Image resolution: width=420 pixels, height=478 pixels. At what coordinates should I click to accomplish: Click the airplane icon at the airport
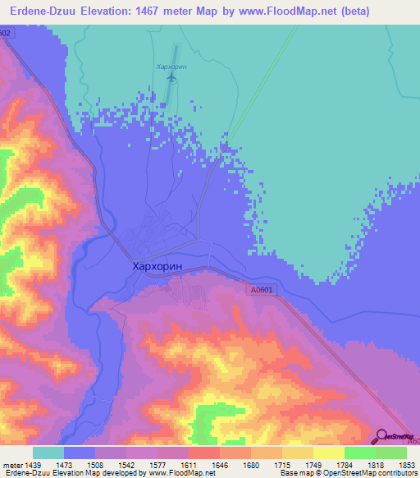tap(171, 77)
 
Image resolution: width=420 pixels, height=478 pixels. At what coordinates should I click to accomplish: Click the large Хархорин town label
tap(164, 267)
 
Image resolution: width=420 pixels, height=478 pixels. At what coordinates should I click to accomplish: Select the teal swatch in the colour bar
tap(48, 453)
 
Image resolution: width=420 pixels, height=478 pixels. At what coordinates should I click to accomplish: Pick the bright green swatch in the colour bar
tap(359, 453)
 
